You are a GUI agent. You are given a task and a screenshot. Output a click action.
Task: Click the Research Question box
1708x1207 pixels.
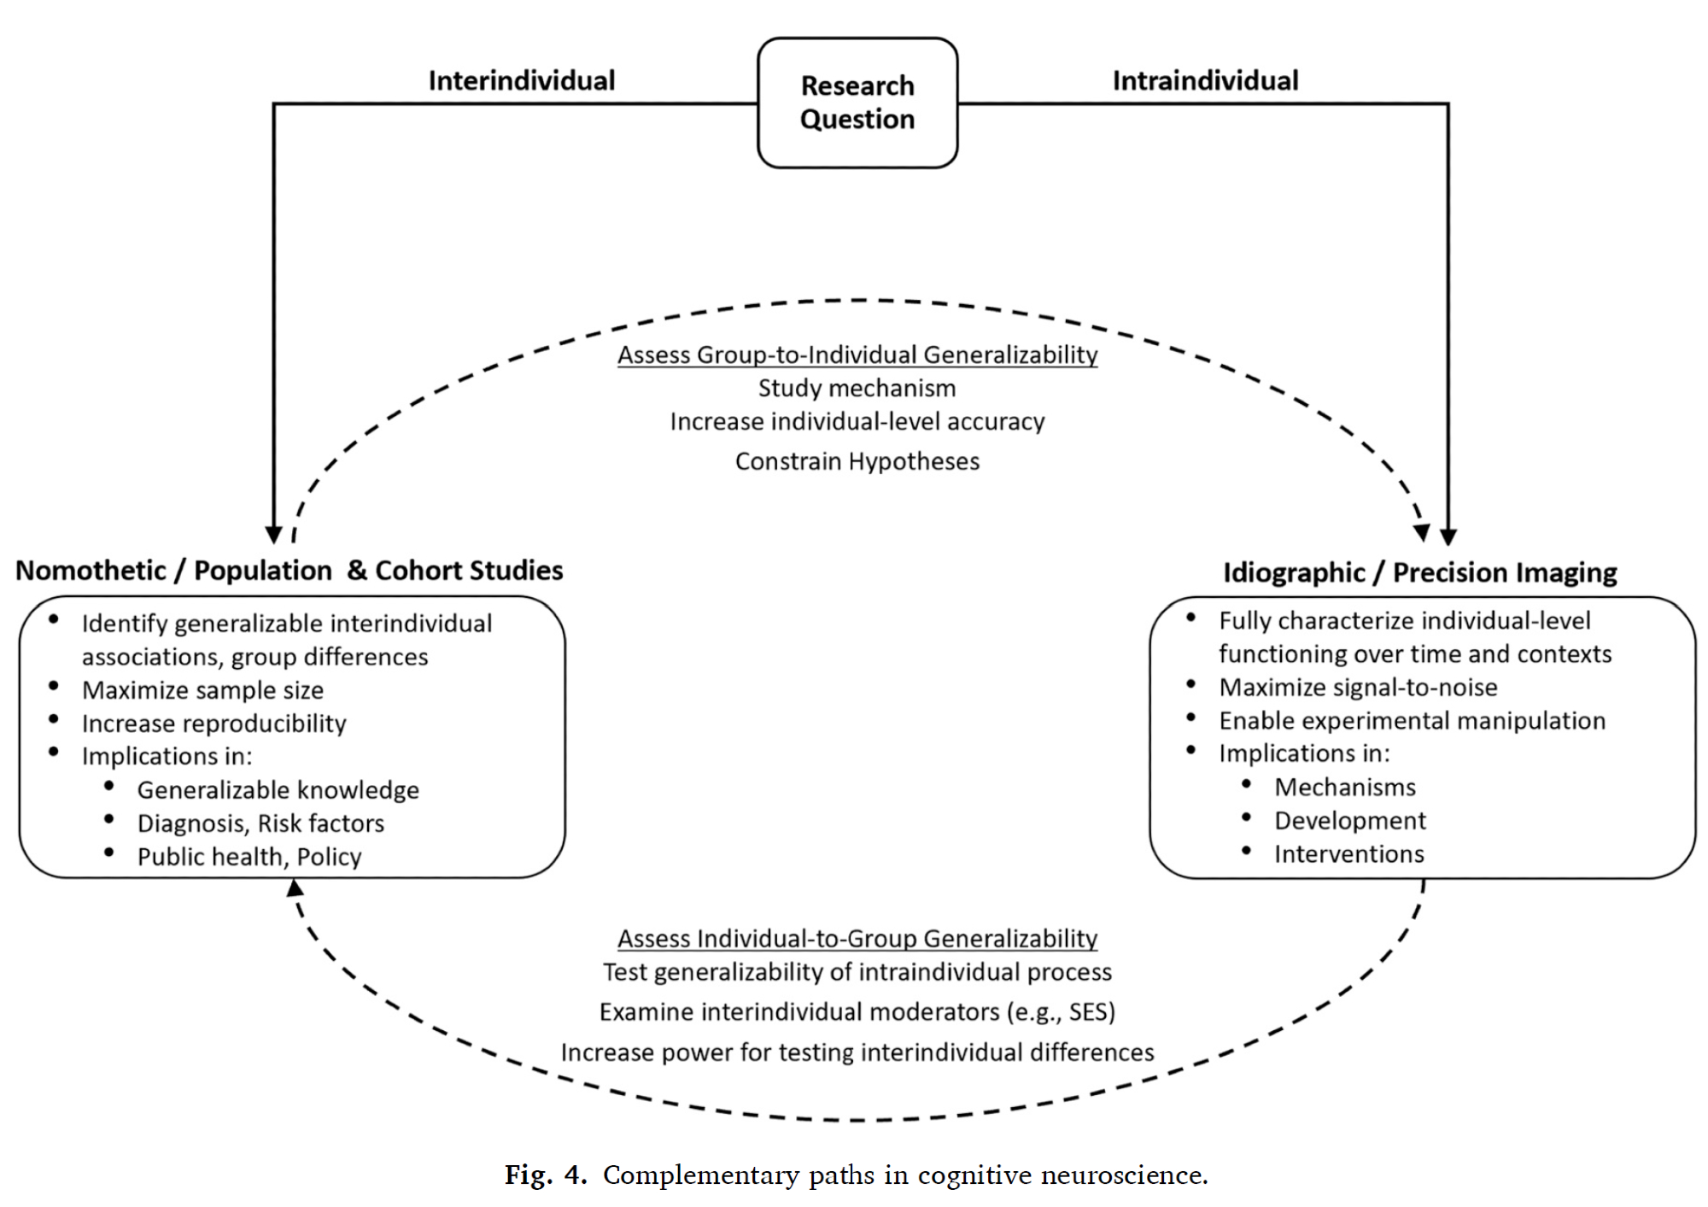(x=857, y=103)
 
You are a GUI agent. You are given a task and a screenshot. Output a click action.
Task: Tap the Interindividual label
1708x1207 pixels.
(x=521, y=80)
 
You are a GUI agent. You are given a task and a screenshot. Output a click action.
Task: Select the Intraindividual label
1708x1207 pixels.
(x=1205, y=80)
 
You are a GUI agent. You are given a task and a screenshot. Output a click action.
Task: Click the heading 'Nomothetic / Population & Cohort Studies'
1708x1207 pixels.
(x=290, y=570)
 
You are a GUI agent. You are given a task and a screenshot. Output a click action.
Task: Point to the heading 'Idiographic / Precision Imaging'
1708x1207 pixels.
(x=1419, y=571)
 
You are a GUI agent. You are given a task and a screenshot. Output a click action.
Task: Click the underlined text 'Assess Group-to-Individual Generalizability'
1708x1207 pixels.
(x=857, y=354)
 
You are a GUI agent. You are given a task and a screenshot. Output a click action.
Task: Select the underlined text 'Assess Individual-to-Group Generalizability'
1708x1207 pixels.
(x=857, y=938)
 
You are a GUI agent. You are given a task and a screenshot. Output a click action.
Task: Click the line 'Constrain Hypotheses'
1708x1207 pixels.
(x=857, y=461)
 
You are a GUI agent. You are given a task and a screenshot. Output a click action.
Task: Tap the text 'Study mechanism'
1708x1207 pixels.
(x=857, y=388)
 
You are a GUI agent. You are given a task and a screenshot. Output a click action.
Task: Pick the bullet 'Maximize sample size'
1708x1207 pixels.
(x=202, y=689)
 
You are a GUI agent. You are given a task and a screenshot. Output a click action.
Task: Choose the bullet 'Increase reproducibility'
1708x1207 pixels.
(x=213, y=723)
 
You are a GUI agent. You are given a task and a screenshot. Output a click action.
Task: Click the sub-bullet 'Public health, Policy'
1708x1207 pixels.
(x=249, y=856)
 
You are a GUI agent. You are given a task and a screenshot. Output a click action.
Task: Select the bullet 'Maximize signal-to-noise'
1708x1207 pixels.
(x=1358, y=687)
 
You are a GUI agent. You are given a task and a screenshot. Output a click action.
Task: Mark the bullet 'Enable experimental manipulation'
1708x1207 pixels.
(x=1412, y=720)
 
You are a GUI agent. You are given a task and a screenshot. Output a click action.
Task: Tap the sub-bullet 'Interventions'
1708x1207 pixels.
(x=1349, y=853)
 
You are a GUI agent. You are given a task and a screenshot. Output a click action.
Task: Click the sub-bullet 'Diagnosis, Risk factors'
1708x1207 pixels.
(x=260, y=823)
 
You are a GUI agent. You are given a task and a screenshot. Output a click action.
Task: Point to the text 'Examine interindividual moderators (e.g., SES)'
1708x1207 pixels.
(x=857, y=1011)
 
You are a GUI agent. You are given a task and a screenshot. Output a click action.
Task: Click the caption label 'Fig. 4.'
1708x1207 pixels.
(x=546, y=1175)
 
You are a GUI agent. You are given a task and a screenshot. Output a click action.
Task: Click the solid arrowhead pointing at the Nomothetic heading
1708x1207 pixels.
(x=273, y=535)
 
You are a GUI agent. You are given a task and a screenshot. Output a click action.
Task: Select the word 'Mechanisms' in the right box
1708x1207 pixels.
(x=1345, y=787)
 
